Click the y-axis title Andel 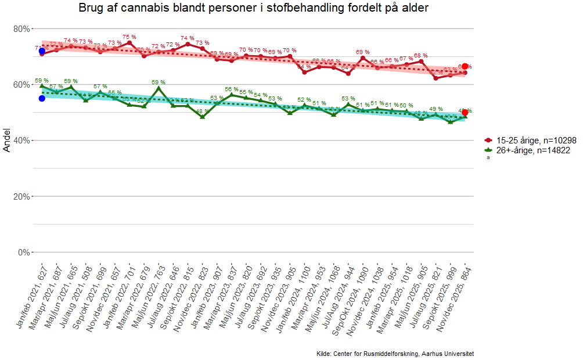click(x=7, y=140)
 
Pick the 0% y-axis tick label click(x=24, y=252)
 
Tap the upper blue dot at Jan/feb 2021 click(x=42, y=51)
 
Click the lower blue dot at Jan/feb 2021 click(x=42, y=98)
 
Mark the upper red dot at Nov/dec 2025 click(x=465, y=67)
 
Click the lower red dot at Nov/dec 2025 click(x=465, y=113)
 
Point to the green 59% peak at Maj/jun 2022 click(x=159, y=88)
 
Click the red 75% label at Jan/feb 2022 click(x=129, y=37)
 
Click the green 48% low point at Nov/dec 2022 click(x=202, y=117)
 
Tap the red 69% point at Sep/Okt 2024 click(x=363, y=58)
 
